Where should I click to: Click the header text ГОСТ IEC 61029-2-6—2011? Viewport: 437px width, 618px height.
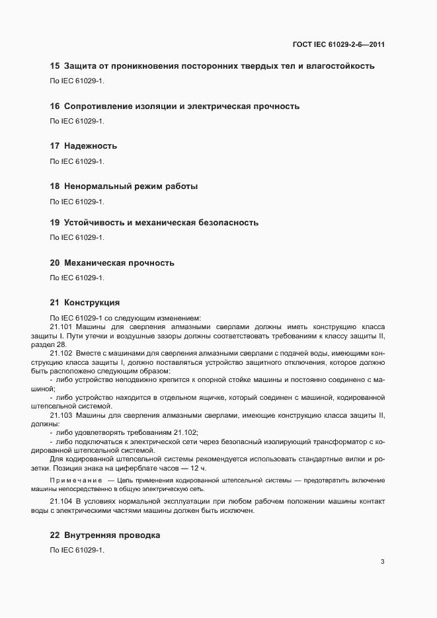point(338,45)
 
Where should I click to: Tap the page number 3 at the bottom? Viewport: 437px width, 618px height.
point(383,562)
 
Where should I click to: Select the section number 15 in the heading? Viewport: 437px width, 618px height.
point(55,66)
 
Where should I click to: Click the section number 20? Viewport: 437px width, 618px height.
point(55,263)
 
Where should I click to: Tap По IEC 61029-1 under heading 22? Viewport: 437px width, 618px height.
point(77,551)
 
